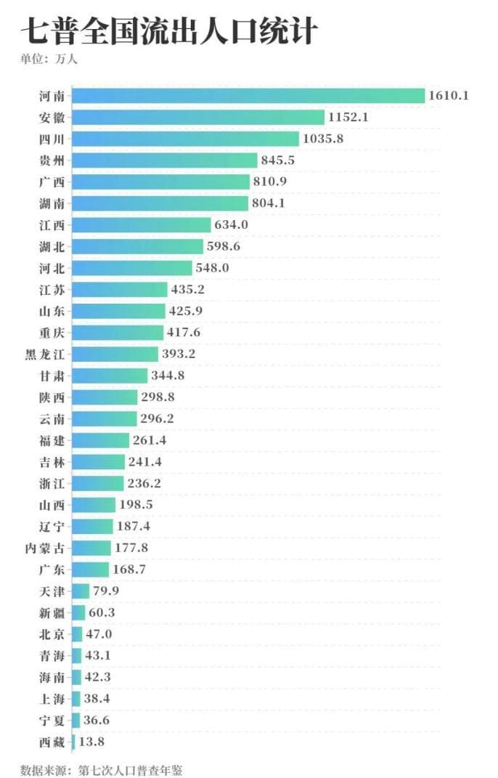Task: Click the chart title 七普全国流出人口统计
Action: tap(169, 32)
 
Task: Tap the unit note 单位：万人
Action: tap(49, 59)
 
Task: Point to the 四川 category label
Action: tap(52, 139)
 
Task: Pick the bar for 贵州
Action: tap(165, 160)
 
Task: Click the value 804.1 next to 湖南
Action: tap(269, 203)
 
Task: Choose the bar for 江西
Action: tap(142, 224)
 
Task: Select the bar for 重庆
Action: tap(118, 333)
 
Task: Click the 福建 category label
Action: tap(52, 440)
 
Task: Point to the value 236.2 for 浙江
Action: tap(146, 483)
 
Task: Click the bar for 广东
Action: tap(91, 570)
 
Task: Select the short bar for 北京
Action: tap(77, 634)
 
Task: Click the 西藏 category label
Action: tap(52, 742)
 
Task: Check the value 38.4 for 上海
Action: tap(97, 699)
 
